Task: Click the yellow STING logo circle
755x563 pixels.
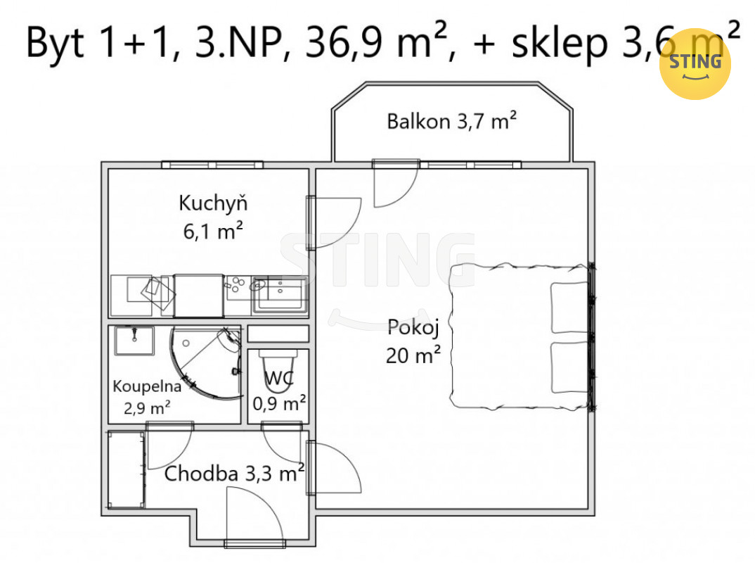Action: coord(695,64)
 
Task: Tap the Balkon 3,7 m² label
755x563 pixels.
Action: coord(451,120)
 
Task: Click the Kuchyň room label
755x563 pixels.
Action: coord(213,203)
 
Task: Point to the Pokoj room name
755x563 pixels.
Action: coord(413,328)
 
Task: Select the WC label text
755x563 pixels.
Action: coord(279,378)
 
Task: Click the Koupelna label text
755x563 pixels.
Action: coord(147,386)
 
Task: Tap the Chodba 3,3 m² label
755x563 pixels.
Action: coord(234,473)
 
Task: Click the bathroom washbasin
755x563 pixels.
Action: coord(134,341)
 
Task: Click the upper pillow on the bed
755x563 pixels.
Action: coord(569,308)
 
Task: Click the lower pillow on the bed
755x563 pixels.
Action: coord(569,367)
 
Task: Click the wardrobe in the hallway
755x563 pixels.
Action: coord(126,469)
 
